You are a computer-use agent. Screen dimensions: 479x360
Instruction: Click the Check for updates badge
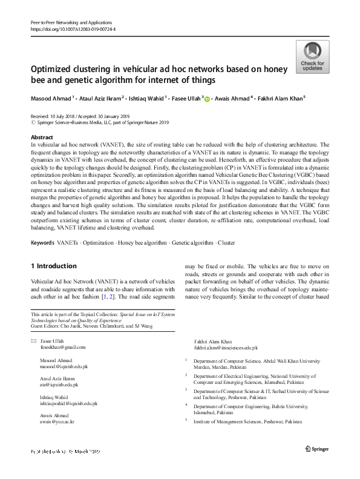pos(312,57)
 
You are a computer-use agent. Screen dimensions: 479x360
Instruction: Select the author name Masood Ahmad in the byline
pos(51,97)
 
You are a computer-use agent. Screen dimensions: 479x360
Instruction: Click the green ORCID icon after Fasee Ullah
pos(208,98)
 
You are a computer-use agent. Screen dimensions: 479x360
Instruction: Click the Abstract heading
pos(42,138)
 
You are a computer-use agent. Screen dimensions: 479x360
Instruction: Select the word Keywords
pos(44,243)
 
